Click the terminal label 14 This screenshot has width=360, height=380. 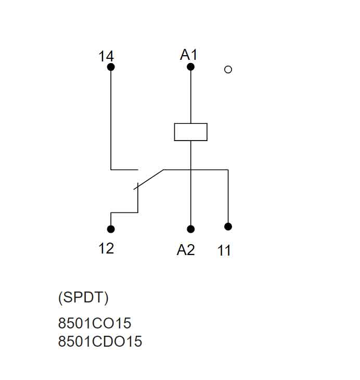click(106, 56)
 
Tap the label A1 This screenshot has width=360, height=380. click(188, 54)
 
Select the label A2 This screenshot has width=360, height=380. click(186, 250)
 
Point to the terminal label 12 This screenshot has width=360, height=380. click(106, 248)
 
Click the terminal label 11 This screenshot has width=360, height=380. click(224, 251)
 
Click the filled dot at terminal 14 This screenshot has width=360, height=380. click(111, 67)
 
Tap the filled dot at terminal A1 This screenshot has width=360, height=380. click(191, 67)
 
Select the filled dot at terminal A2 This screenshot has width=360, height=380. click(191, 229)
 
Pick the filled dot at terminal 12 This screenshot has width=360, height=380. click(111, 229)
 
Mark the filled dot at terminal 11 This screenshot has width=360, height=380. click(228, 226)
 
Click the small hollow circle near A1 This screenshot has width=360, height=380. click(228, 69)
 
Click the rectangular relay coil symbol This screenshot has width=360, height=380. click(191, 132)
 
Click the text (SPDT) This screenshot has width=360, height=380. click(83, 298)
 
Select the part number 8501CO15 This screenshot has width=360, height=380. click(95, 324)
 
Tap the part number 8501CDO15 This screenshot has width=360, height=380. click(100, 341)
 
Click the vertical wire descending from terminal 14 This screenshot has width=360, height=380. click(111, 120)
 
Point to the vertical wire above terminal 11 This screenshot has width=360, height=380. click(228, 198)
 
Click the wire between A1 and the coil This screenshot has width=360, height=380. click(191, 96)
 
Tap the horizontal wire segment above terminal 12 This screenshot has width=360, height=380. click(124, 212)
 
